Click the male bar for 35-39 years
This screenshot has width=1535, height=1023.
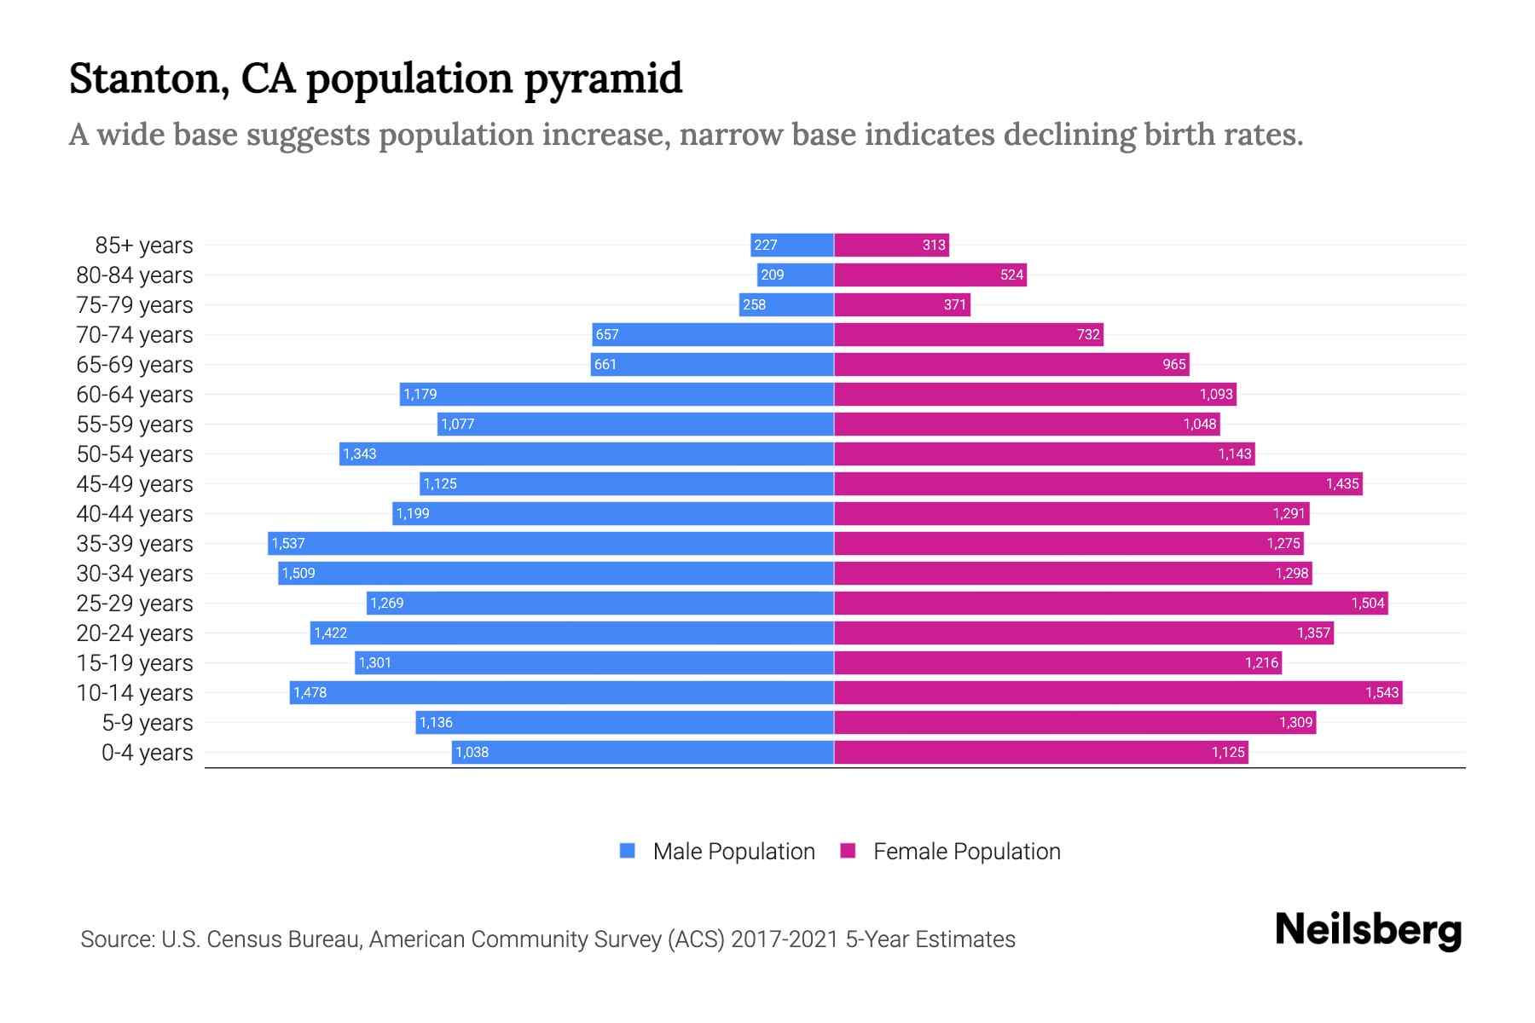coord(551,543)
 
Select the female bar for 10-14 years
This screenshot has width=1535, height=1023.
coord(1117,692)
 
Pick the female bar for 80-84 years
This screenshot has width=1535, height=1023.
coord(930,275)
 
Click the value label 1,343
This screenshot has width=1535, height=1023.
coord(359,454)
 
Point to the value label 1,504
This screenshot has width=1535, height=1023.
coord(1367,603)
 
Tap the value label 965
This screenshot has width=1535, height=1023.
coord(1173,364)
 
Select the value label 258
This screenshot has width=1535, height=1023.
coord(754,304)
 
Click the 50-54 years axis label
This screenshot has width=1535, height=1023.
coord(135,454)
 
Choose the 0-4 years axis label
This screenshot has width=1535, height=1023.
coord(147,753)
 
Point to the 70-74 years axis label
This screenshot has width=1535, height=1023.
coord(135,335)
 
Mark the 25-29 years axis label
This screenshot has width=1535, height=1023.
coord(135,604)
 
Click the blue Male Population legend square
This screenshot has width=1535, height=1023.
coord(628,851)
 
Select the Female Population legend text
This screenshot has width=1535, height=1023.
coord(966,851)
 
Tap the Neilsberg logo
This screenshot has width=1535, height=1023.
coord(1368,930)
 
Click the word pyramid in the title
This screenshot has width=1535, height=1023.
coord(602,78)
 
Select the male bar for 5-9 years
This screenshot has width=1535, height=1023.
coord(624,722)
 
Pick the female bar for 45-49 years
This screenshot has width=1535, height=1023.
coord(1098,483)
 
